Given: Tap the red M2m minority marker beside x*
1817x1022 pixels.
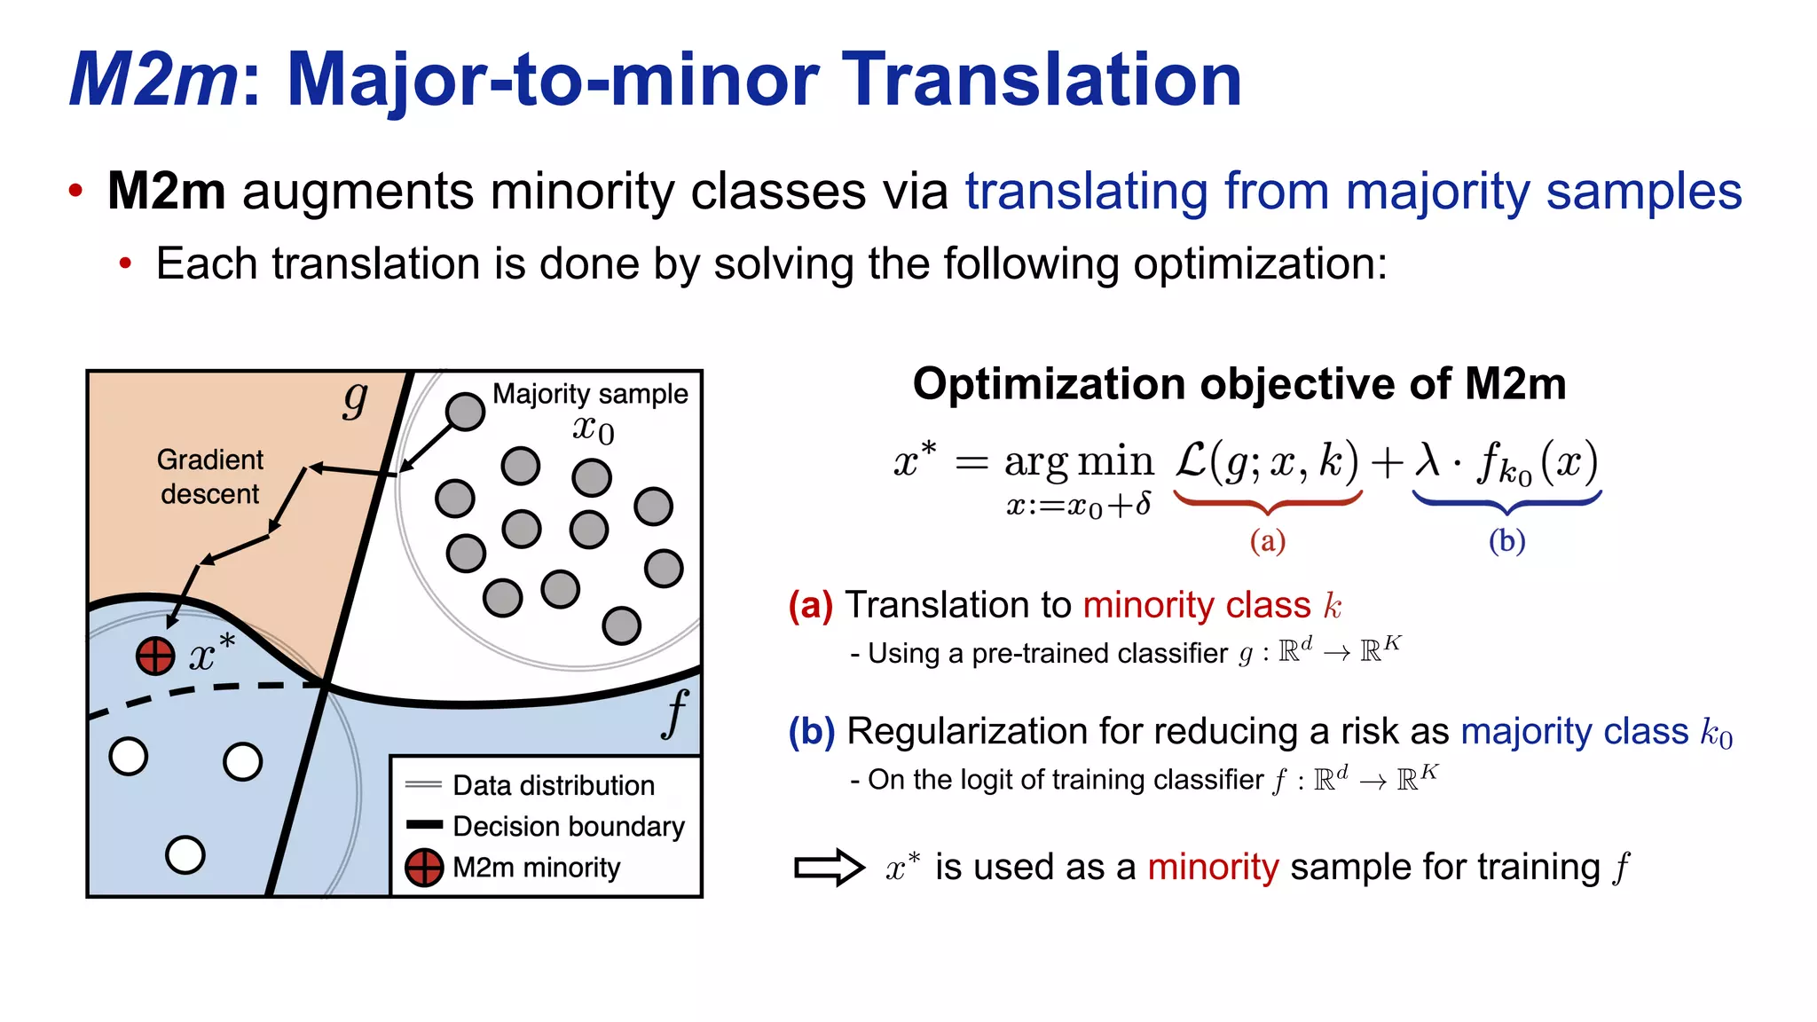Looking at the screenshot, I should click(155, 656).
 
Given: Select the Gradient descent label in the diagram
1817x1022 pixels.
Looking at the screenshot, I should click(210, 476).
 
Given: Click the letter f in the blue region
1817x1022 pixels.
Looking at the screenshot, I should click(676, 713).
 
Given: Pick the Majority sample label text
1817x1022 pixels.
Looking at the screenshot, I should click(590, 394).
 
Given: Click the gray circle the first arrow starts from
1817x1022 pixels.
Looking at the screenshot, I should click(465, 412).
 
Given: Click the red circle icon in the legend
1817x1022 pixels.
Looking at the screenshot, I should click(424, 867).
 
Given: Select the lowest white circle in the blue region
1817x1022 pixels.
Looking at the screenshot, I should click(185, 854).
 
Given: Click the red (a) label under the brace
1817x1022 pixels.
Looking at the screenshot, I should click(1267, 540).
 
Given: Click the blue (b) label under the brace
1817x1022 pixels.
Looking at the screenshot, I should click(1506, 540).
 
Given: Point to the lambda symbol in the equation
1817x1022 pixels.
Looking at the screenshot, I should click(1428, 461).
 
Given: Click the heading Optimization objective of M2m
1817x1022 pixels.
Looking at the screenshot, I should click(1239, 384).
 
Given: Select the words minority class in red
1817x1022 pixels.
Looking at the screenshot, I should click(1196, 605).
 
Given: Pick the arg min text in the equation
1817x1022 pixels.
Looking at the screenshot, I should click(1078, 462).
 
